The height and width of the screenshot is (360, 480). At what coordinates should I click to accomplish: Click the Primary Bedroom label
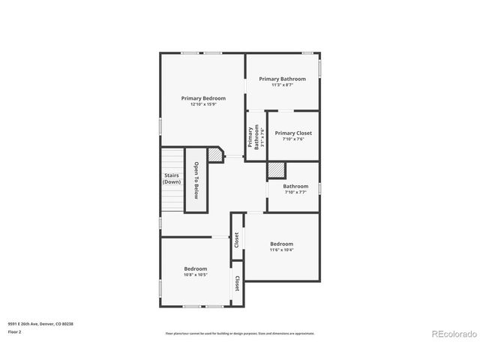203,98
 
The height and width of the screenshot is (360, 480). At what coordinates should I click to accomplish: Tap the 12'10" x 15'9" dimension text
203,104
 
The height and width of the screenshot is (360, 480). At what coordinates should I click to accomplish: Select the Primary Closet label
293,133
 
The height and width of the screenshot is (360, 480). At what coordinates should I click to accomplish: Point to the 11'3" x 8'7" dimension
283,85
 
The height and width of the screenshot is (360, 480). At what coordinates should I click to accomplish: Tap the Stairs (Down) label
172,178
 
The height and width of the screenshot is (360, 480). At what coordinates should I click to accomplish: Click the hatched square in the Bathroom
277,170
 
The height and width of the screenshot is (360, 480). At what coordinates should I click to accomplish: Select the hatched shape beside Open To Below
215,154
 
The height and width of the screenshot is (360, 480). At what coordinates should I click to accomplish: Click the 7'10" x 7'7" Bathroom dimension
295,193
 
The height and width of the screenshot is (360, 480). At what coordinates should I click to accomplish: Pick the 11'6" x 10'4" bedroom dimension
281,250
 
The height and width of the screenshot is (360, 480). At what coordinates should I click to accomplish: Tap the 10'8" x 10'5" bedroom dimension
196,274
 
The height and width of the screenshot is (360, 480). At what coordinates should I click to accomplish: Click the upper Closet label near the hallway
237,239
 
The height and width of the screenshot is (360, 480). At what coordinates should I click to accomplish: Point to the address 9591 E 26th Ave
40,324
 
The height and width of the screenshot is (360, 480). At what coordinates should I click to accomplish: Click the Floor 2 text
15,331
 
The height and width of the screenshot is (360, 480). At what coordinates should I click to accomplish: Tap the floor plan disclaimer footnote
240,334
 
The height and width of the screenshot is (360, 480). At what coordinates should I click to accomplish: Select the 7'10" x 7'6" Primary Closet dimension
293,139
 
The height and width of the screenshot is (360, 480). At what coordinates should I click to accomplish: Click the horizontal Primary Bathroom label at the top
283,79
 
